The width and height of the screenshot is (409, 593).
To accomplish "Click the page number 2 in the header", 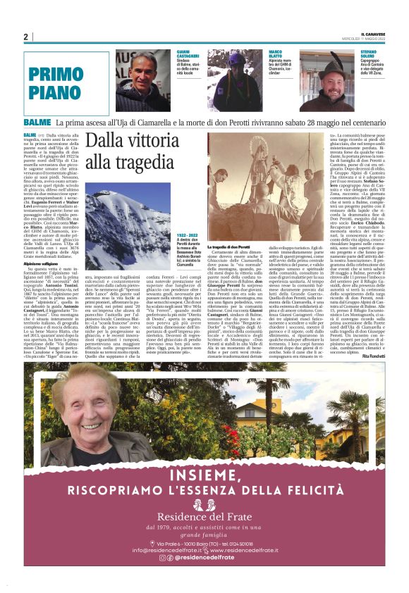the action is tap(25, 37).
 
